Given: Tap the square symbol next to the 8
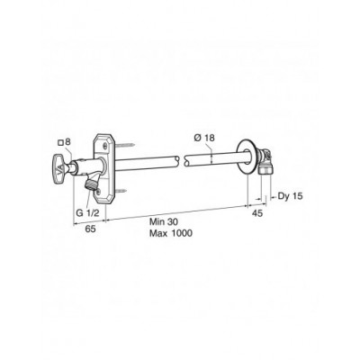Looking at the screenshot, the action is coord(60,143).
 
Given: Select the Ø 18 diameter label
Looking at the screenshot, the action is coord(204,138).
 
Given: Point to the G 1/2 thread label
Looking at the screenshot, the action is coord(87,213).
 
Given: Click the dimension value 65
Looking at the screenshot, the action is coord(90,229).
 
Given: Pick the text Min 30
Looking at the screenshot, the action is coord(164,221).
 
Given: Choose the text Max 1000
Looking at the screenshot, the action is coord(171,233).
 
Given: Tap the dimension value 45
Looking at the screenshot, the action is coord(257,213).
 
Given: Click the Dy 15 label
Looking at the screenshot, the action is coord(290,196).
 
